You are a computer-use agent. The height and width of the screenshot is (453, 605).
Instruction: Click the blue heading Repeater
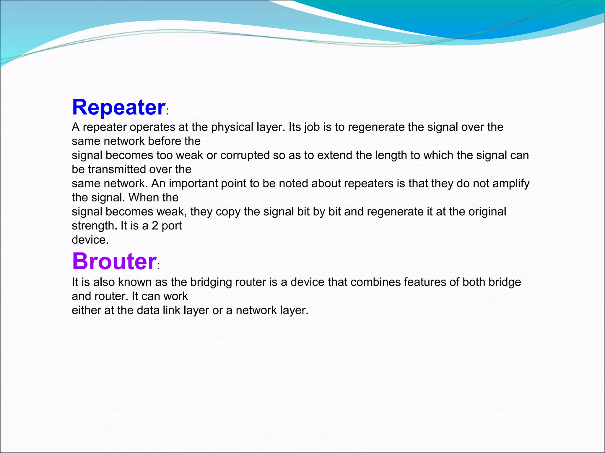point(119,107)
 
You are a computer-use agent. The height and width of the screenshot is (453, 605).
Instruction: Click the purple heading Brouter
point(114,262)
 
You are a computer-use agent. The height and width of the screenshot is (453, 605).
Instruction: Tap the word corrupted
point(245,155)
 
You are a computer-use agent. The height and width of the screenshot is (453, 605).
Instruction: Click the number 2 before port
point(155,226)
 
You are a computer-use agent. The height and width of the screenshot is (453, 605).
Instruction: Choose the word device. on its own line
point(90,240)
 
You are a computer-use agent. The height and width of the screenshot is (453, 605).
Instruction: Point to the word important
point(193,184)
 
